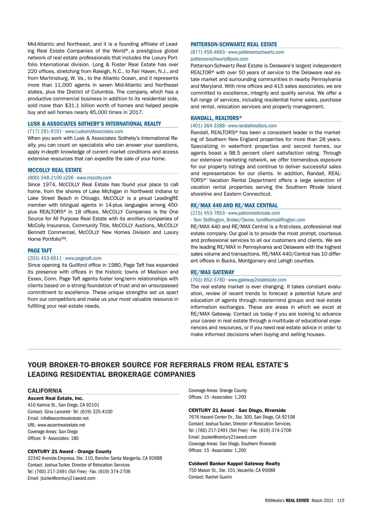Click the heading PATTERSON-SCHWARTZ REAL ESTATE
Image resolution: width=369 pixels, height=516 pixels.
tap(234, 45)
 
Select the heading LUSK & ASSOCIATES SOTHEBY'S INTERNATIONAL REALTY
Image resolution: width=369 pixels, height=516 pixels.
tap(94, 124)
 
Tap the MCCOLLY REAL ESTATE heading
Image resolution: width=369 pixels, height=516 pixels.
tap(55, 170)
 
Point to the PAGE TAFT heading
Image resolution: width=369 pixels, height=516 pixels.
tap(40, 251)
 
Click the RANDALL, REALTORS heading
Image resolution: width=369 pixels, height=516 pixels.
tap(216, 118)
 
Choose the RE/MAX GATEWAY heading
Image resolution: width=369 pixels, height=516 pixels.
tap(212, 272)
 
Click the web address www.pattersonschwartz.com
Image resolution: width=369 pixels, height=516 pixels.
tap(256, 52)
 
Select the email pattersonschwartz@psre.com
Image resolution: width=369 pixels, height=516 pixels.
tap(219, 59)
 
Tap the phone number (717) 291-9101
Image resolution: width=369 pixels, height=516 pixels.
tap(45, 131)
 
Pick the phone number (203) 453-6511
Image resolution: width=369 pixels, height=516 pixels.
tap(45, 258)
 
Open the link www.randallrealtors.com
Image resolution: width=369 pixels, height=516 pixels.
tap(252, 126)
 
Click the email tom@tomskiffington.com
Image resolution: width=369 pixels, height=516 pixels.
tap(281, 220)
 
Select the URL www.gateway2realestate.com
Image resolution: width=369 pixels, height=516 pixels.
tap(257, 280)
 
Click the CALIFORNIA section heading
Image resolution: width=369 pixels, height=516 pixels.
tap(45, 391)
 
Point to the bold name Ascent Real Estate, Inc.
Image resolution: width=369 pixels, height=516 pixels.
tap(55, 398)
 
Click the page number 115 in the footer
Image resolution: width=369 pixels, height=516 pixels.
tap(340, 501)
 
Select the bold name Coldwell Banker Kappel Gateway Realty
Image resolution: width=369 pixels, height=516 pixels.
tap(234, 464)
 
